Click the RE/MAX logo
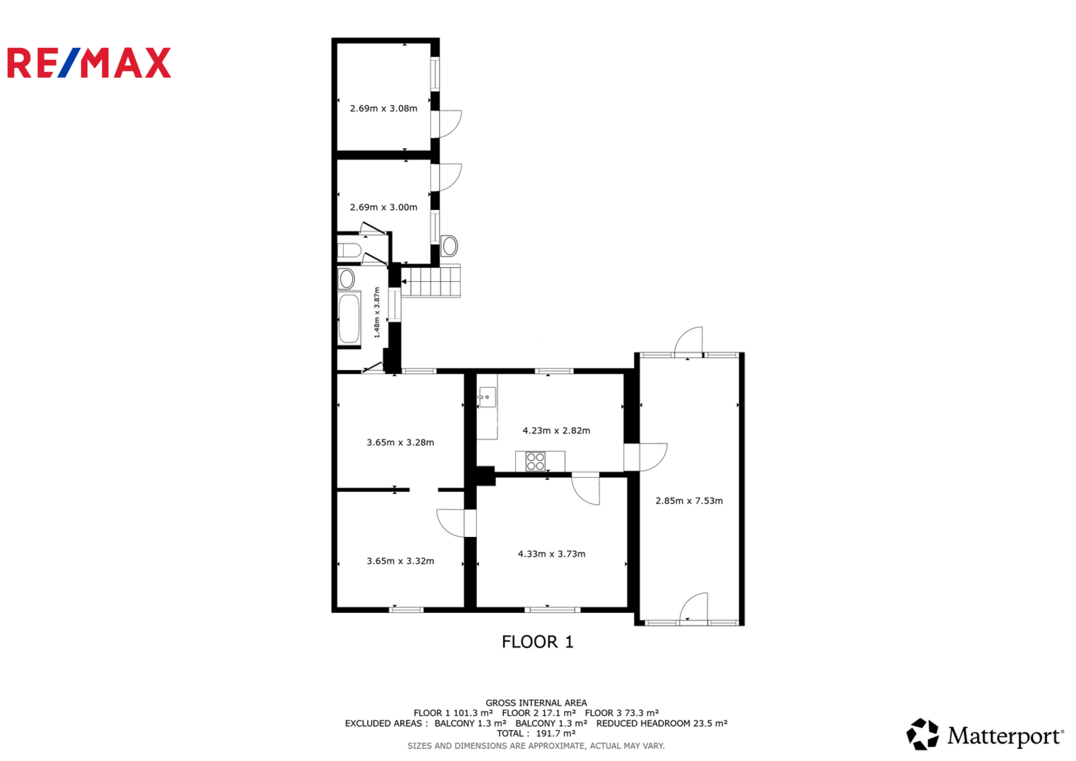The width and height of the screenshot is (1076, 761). (x=89, y=63)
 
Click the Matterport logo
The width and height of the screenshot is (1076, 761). (x=984, y=734)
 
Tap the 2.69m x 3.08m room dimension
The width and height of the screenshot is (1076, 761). (x=383, y=109)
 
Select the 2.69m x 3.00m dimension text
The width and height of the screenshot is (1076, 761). (x=383, y=208)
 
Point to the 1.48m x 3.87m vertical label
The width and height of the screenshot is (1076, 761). (x=376, y=312)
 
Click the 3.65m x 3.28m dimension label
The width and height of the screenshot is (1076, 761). (x=400, y=443)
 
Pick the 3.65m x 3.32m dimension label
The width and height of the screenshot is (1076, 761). (x=400, y=561)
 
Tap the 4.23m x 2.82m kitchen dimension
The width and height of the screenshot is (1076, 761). (x=556, y=431)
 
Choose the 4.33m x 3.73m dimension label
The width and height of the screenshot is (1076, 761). (x=552, y=554)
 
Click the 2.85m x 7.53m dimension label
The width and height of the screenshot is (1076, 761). (x=689, y=500)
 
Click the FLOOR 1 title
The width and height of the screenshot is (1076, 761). (x=538, y=642)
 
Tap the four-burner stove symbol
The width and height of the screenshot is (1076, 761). (x=535, y=462)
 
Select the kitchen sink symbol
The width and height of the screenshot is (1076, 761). (x=487, y=397)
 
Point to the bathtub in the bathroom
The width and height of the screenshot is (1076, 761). (x=350, y=318)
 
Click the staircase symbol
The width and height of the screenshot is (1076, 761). (x=431, y=281)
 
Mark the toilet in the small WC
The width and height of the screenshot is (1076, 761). (x=350, y=250)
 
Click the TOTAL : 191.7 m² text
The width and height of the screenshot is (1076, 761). (x=536, y=734)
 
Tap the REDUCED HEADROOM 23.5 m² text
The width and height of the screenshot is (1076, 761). (x=662, y=724)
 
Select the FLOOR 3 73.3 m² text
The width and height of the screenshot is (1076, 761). (x=622, y=713)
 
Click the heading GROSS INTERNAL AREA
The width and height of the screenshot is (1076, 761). (x=536, y=703)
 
